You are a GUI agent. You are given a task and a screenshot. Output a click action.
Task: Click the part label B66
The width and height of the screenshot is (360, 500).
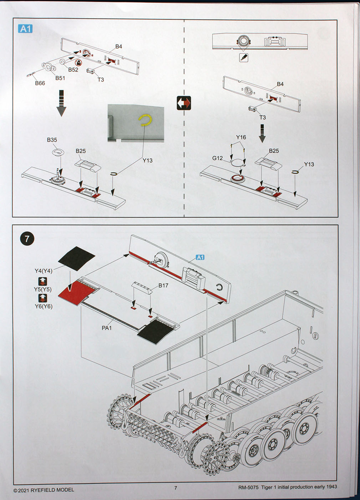[40, 83]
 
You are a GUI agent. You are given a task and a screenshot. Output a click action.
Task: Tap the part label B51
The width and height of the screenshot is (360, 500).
[60, 78]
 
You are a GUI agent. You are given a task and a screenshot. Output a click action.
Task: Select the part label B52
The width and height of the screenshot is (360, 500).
[73, 70]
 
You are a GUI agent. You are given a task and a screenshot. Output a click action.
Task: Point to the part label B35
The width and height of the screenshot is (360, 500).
[52, 140]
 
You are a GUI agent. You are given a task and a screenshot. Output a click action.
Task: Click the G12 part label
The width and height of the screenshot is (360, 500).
[217, 158]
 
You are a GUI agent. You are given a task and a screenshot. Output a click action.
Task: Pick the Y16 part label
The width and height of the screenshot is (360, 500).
[241, 137]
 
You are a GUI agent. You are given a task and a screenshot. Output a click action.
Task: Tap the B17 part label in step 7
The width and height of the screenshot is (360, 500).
[163, 285]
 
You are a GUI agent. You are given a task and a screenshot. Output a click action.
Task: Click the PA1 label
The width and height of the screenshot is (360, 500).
[107, 327]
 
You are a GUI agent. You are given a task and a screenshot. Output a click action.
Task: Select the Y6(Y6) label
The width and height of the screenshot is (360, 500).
[44, 306]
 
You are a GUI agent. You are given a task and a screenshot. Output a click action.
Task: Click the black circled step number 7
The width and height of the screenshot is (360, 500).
[27, 239]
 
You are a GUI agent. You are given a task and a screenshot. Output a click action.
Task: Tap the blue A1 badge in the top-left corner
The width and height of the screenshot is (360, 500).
[25, 29]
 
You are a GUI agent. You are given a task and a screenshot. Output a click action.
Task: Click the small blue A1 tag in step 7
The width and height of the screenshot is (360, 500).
[200, 257]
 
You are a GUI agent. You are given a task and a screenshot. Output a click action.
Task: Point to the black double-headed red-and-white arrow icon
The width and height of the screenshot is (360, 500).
[184, 103]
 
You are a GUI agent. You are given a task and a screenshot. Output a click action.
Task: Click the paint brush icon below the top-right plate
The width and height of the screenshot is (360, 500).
[244, 57]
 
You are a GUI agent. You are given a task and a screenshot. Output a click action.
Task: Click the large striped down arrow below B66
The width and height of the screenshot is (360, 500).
[61, 103]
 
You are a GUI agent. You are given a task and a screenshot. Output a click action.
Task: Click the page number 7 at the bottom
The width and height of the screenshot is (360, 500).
[176, 488]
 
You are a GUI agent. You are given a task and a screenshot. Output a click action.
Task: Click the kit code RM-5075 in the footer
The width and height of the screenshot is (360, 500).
[248, 487]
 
